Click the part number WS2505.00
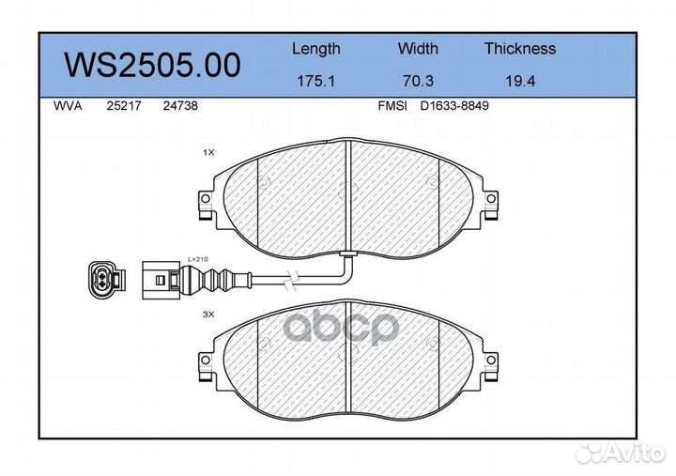click(150, 65)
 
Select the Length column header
click(315, 49)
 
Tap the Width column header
click(418, 49)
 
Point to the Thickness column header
click(519, 49)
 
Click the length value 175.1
click(315, 82)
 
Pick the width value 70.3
click(418, 82)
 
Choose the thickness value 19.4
click(519, 82)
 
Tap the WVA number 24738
click(179, 107)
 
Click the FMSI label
click(391, 107)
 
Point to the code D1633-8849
click(454, 107)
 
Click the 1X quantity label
click(208, 150)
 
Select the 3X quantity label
click(208, 315)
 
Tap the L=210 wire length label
click(198, 257)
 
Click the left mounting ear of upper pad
click(206, 202)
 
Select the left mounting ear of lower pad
click(206, 360)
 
